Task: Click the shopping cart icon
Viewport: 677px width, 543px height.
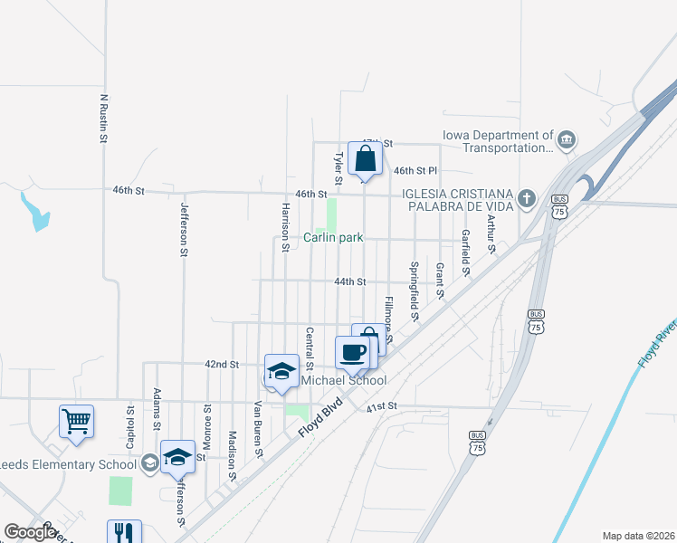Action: (x=76, y=420)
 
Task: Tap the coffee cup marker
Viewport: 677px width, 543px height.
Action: (x=352, y=351)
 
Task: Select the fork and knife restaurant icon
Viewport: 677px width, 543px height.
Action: (x=124, y=533)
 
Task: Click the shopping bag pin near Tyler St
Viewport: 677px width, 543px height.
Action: (x=364, y=159)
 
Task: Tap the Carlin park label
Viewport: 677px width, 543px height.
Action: (x=333, y=237)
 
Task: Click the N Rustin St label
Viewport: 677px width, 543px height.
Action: (x=104, y=119)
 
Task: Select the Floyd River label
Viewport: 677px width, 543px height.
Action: (x=656, y=343)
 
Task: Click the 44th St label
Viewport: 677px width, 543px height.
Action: (x=349, y=281)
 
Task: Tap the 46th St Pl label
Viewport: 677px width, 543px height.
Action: (x=415, y=170)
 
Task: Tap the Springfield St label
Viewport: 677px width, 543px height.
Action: (x=414, y=291)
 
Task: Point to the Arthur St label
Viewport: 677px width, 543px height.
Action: (x=491, y=233)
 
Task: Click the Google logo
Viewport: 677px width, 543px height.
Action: (x=30, y=532)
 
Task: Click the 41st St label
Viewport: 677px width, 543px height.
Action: (x=383, y=408)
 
